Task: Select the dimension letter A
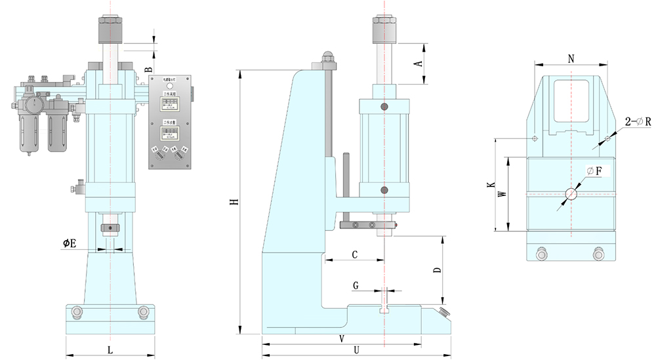click(417, 64)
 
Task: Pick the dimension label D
click(437, 270)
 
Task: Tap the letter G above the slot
click(356, 286)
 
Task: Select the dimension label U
click(356, 350)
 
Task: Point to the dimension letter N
click(571, 58)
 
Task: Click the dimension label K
click(491, 186)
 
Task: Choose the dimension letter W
click(502, 194)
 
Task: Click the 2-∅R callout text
click(637, 122)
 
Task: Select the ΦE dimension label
click(70, 243)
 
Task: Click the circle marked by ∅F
click(571, 194)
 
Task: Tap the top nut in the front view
click(110, 28)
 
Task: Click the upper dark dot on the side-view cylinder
click(384, 106)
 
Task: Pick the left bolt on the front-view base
click(77, 311)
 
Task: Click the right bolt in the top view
click(598, 254)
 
